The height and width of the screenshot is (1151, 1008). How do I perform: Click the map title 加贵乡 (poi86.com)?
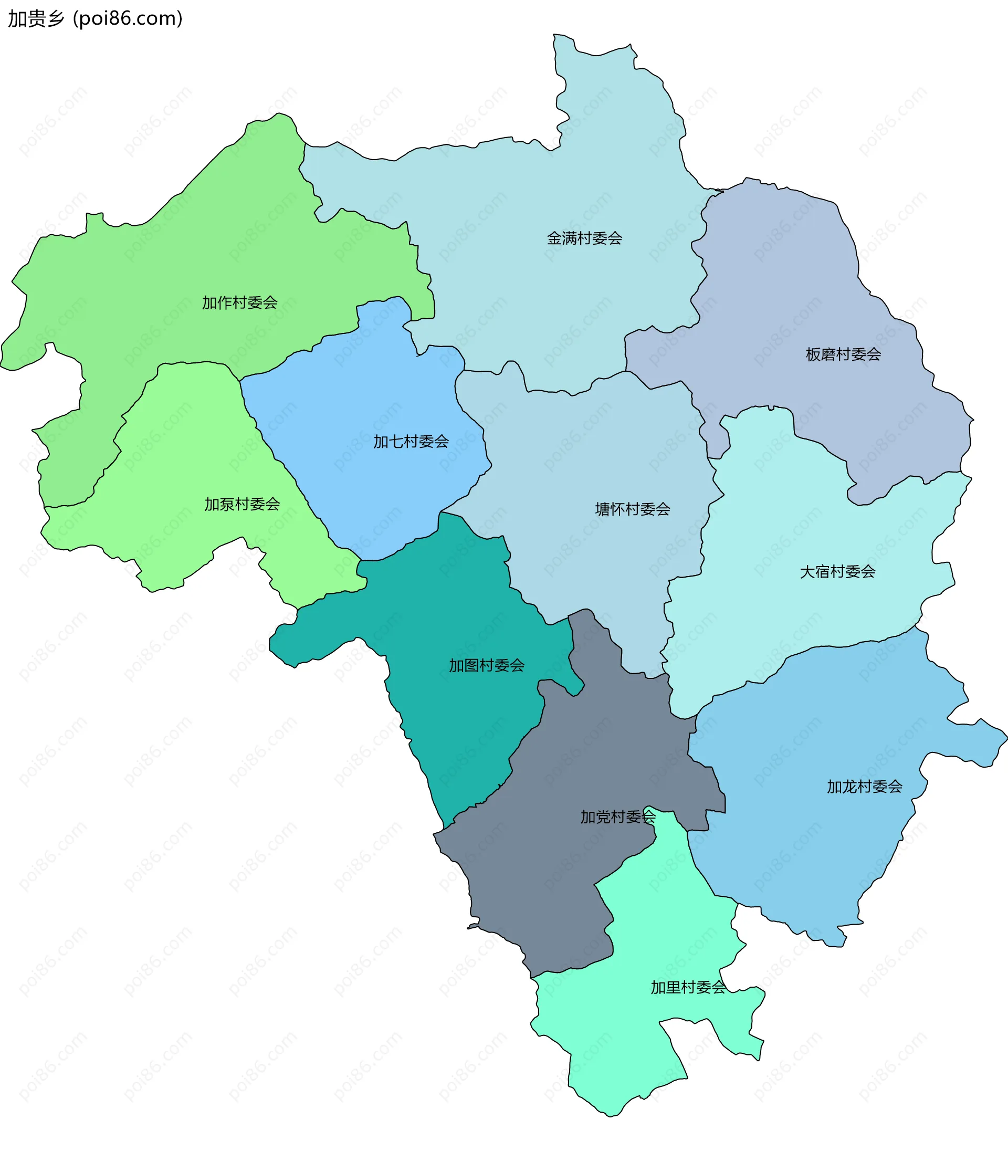coord(95,18)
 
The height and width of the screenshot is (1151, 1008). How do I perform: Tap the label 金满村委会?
coord(584,238)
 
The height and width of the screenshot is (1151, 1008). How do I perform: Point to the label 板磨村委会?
coord(843,354)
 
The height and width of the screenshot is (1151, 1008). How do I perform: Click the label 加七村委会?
coord(411,442)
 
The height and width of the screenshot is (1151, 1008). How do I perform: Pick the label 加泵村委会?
coord(242,504)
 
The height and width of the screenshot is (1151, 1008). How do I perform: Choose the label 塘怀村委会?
coord(633,509)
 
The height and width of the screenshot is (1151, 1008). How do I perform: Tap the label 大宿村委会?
coord(837,572)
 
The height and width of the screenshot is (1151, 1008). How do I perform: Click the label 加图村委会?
coord(487,665)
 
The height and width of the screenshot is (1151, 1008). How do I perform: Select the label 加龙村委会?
coord(865,787)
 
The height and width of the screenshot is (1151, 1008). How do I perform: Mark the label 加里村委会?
coord(688,987)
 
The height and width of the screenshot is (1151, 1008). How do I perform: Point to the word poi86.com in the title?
coord(128,18)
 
